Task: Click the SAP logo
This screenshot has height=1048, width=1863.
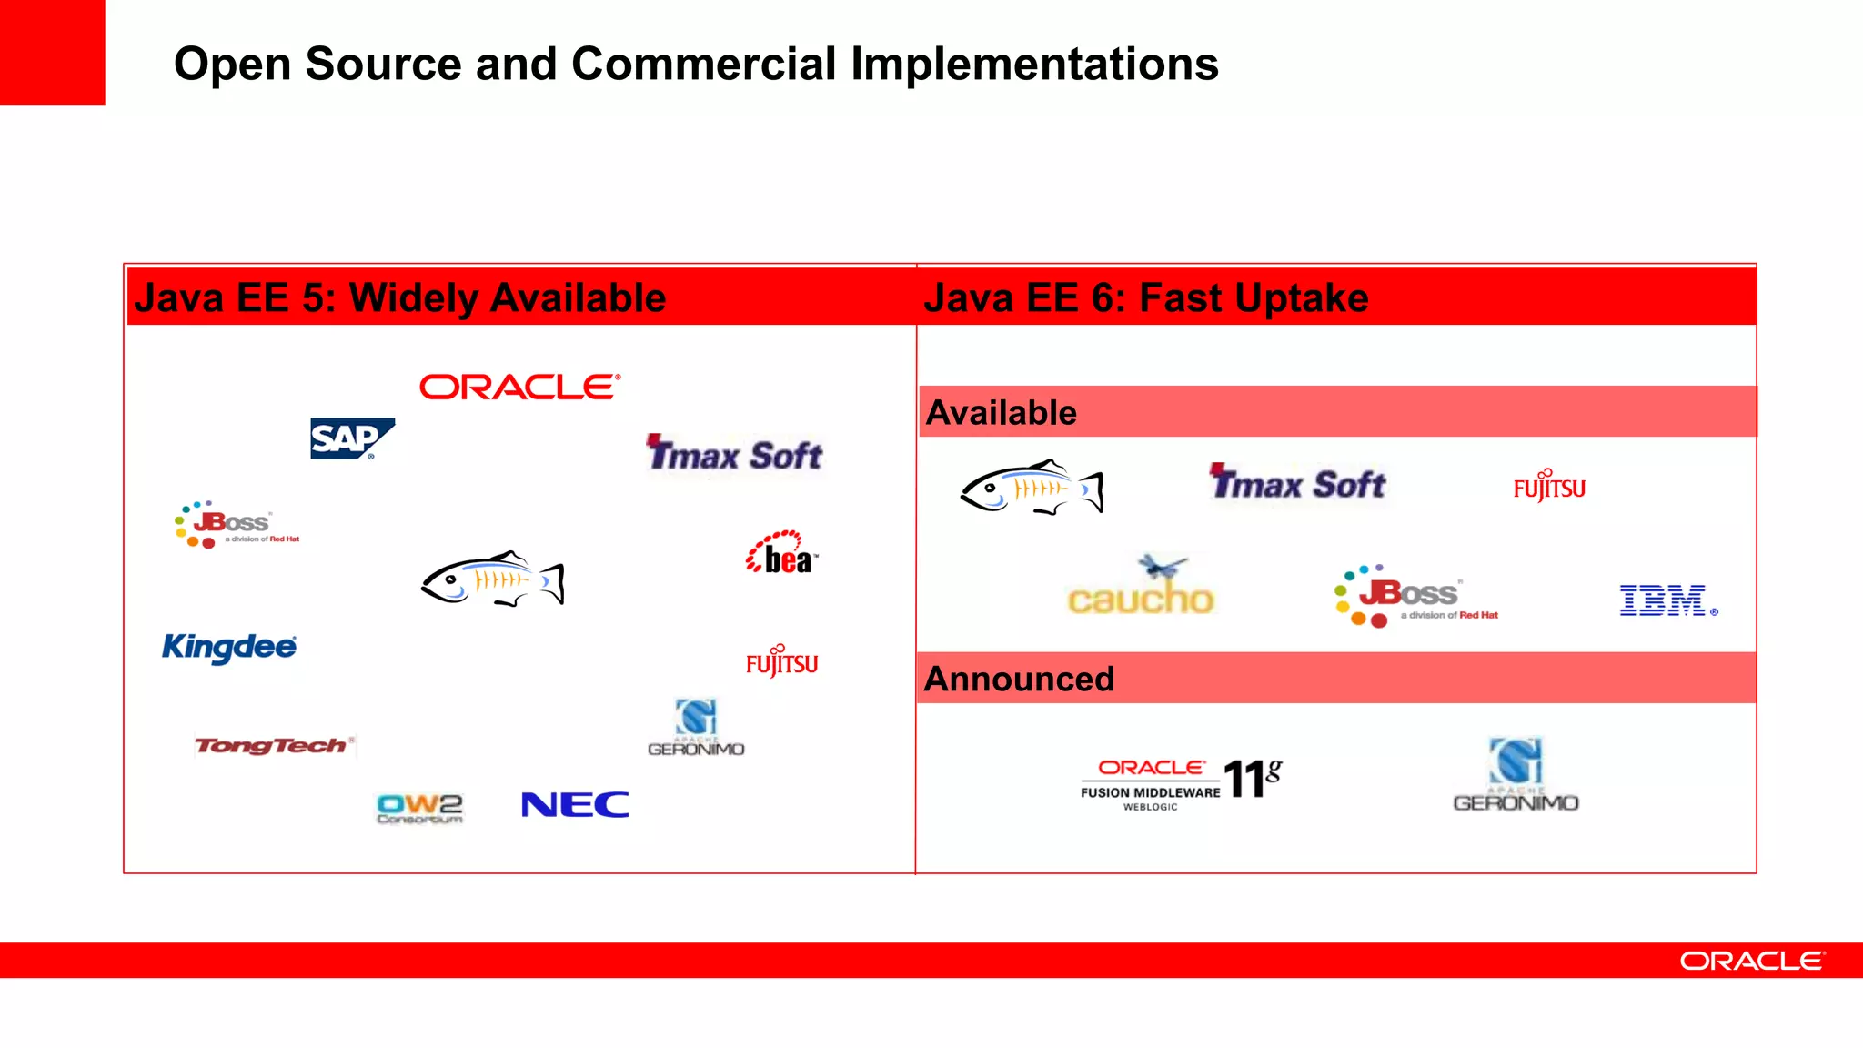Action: click(351, 438)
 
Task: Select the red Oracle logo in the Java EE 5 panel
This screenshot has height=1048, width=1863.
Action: click(519, 388)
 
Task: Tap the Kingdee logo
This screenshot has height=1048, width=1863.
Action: click(229, 648)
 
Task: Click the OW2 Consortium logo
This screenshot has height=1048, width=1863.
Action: click(419, 808)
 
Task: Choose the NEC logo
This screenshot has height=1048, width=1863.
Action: click(575, 805)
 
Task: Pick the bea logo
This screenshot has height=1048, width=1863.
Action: click(781, 554)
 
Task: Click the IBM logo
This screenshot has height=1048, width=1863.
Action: click(1665, 601)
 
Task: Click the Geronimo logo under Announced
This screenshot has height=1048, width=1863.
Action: click(1516, 775)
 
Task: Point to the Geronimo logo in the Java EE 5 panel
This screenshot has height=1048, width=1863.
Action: click(696, 728)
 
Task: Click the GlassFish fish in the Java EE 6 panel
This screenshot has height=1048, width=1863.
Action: click(1032, 489)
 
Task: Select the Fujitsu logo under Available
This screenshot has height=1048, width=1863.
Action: click(1549, 487)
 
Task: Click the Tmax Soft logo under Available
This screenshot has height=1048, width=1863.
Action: click(1298, 483)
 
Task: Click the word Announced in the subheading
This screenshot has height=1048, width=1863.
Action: click(1019, 680)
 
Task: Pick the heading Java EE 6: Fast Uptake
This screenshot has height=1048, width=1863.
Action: click(1145, 298)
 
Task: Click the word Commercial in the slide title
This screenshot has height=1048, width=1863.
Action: click(703, 65)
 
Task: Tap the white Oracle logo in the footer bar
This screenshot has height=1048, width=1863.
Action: click(1752, 962)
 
